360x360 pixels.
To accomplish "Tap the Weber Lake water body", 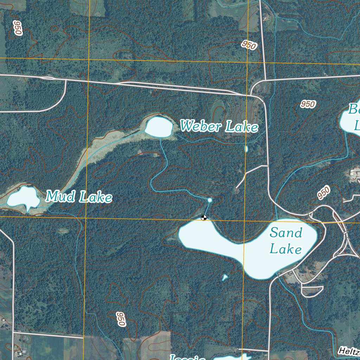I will point(159,127).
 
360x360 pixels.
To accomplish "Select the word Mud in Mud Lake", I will point(60,196).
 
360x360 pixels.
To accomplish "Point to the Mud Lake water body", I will point(23,198).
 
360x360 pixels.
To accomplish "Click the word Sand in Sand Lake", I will point(286,233).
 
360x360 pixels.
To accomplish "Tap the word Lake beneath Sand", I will point(286,249).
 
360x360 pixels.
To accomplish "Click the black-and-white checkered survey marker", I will point(204,218).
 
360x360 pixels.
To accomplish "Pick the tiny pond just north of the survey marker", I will point(210,200).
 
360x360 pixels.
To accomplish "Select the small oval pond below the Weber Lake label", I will point(246,149).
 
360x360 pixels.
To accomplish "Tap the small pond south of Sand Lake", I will point(225,277).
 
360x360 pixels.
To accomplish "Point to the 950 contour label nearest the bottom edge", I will point(121,319).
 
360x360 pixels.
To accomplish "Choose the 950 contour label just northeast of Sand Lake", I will point(323,193).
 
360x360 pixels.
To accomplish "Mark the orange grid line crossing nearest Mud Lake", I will point(86,218).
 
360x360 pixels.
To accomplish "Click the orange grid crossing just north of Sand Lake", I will point(245,221).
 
